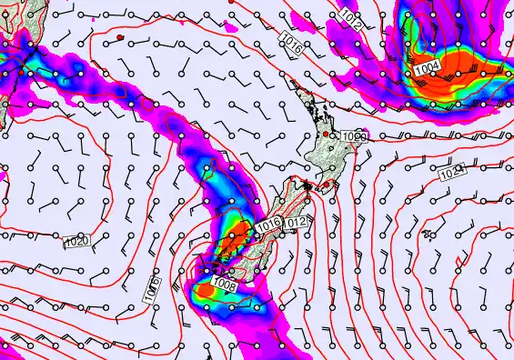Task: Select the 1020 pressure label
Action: [77, 242]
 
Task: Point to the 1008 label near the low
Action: [224, 285]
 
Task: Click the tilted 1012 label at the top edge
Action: [352, 16]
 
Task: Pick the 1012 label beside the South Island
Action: [296, 223]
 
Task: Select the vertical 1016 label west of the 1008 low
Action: [152, 290]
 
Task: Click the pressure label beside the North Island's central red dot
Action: [355, 136]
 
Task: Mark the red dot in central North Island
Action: [326, 135]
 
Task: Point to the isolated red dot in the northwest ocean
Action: [119, 36]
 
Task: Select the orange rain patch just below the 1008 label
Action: [207, 290]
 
